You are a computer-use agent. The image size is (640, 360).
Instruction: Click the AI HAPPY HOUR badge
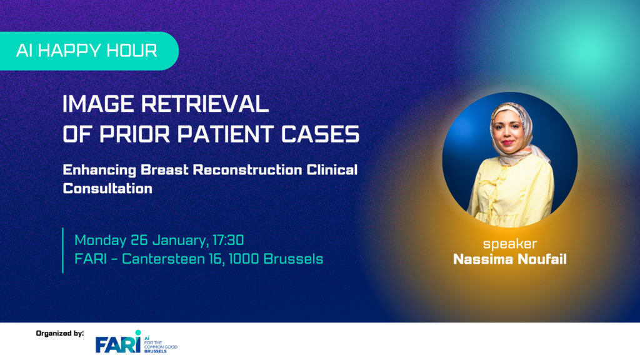point(87,51)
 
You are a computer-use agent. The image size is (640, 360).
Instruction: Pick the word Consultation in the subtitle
point(107,188)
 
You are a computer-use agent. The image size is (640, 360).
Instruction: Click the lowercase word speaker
point(509,244)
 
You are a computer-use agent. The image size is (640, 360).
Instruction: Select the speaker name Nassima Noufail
point(509,259)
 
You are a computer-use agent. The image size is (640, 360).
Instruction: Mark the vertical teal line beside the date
point(63,249)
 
